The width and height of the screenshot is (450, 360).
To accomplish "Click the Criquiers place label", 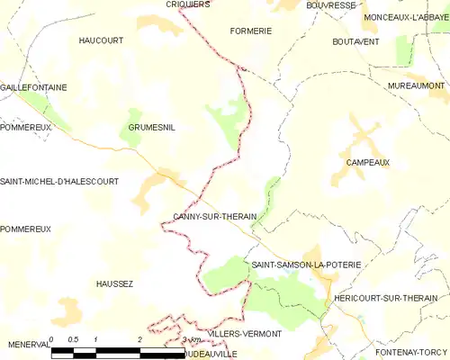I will (x=187, y=4).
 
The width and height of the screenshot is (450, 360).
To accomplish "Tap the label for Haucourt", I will (x=101, y=40).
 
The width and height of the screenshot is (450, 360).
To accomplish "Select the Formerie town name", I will (x=251, y=31).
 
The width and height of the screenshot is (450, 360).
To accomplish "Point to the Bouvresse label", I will (x=330, y=4).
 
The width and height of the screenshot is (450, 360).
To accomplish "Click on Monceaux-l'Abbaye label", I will (x=405, y=17).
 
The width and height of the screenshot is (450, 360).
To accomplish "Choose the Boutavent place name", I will (x=355, y=41).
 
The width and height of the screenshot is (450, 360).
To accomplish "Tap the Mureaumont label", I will (x=417, y=85).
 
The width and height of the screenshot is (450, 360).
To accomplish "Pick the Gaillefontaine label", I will (x=33, y=87).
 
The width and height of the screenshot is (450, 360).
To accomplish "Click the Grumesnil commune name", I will (x=151, y=128).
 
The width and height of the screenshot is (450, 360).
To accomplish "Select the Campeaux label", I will (x=367, y=163).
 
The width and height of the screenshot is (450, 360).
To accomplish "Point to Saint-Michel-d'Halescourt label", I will (x=59, y=181).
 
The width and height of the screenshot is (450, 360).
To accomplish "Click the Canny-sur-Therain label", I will (x=215, y=217).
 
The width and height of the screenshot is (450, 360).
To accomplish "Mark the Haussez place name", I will (x=114, y=283).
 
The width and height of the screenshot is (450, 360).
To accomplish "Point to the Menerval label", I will (x=28, y=344).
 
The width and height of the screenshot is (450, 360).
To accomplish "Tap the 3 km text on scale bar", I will (x=191, y=339).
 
